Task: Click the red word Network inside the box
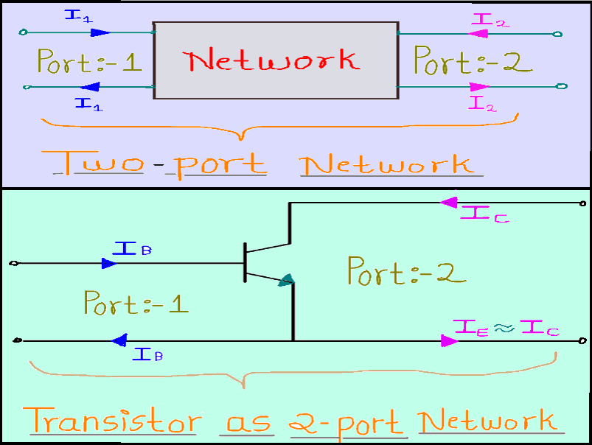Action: coord(274,60)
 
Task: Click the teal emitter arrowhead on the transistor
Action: coord(287,281)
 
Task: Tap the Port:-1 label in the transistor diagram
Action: coord(136,303)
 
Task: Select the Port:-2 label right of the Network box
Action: coord(472,60)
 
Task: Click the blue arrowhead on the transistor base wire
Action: coord(109,263)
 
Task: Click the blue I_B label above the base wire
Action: coord(132,245)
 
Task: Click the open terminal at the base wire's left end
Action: coord(11,263)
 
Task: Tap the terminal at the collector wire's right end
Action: coord(583,203)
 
